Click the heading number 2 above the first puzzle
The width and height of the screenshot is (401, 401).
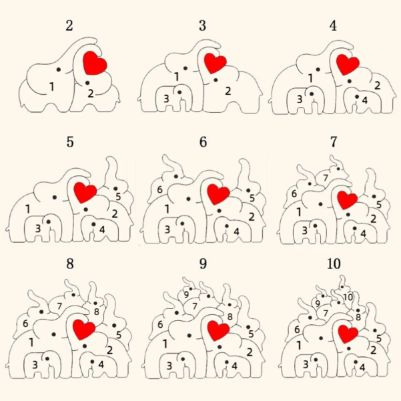[69, 26]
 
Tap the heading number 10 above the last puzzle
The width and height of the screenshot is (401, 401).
[334, 264]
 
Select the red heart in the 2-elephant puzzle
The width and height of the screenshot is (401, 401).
[95, 63]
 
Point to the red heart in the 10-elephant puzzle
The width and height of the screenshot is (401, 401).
[347, 333]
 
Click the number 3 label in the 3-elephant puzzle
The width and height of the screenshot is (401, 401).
[166, 98]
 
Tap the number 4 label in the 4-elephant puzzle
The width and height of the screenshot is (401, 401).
[365, 101]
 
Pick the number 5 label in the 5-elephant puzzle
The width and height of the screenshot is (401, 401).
[118, 196]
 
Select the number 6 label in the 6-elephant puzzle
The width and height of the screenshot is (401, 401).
[160, 190]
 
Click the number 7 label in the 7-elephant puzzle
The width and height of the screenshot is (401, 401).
[325, 178]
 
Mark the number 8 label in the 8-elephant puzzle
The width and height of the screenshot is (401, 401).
[96, 312]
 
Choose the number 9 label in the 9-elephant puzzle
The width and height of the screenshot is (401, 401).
[186, 295]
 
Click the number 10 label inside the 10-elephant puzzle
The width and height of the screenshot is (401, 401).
[348, 297]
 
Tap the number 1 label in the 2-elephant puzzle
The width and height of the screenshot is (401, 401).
[52, 87]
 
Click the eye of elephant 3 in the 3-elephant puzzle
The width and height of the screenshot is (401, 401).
[179, 92]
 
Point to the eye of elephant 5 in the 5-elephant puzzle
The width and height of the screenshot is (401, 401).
[115, 189]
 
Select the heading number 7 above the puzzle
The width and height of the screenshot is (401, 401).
[334, 142]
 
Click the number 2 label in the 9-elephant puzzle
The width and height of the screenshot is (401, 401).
[250, 352]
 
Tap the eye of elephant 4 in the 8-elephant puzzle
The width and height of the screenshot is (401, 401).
[92, 361]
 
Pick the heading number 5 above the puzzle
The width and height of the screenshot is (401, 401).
[70, 142]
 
